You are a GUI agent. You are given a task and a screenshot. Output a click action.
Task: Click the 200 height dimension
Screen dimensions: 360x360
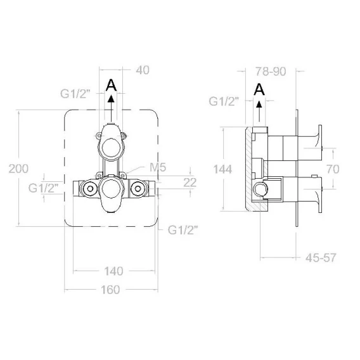coord(18,169)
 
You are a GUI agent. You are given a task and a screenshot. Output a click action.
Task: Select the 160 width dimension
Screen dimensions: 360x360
coord(110,290)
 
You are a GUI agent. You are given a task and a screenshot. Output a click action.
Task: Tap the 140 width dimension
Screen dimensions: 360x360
coord(113,271)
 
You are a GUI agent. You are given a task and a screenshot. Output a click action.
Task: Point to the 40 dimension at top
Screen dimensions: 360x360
coord(143,70)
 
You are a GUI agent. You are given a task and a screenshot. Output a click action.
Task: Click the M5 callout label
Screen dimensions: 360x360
coord(158,167)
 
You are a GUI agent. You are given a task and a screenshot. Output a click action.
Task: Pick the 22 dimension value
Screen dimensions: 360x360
coord(190,183)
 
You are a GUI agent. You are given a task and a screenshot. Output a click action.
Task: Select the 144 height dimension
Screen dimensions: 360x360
coord(222,169)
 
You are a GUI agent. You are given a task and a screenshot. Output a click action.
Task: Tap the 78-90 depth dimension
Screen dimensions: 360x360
coord(271,72)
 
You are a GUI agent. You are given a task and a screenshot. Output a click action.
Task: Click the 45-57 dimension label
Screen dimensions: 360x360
coord(321,258)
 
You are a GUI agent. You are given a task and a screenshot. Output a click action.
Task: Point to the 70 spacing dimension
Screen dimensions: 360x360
coord(333,169)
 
